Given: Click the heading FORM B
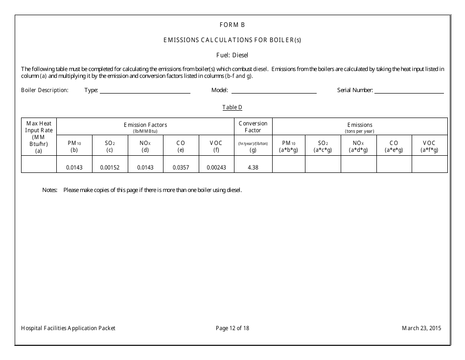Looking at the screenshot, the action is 232,24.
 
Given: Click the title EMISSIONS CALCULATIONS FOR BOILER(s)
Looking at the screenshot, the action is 232,40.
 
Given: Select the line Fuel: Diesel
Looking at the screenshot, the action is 232,55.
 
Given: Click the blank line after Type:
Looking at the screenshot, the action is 145,91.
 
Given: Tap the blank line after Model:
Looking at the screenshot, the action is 274,91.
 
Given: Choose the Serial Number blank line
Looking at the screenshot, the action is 409,91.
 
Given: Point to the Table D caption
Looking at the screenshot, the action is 232,107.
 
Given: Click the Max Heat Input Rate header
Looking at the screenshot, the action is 39,137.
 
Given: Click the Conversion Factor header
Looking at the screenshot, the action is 253,127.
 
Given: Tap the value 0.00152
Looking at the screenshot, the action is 110,167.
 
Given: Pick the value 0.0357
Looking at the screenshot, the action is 181,167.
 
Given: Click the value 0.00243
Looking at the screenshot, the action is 216,167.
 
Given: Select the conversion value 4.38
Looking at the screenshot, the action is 253,167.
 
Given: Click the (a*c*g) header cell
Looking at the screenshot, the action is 323,146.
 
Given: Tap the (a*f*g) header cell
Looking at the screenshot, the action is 429,146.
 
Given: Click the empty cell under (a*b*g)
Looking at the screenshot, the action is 289,164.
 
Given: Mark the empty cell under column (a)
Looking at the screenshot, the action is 39,164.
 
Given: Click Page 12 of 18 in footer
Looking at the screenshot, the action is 232,328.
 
